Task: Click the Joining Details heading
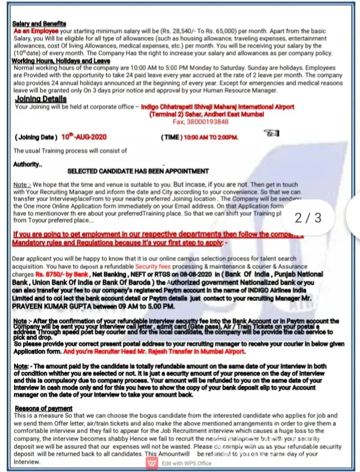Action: (41, 99)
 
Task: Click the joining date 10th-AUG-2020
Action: (84, 137)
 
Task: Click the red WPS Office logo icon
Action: (152, 462)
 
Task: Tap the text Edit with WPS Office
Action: (186, 463)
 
